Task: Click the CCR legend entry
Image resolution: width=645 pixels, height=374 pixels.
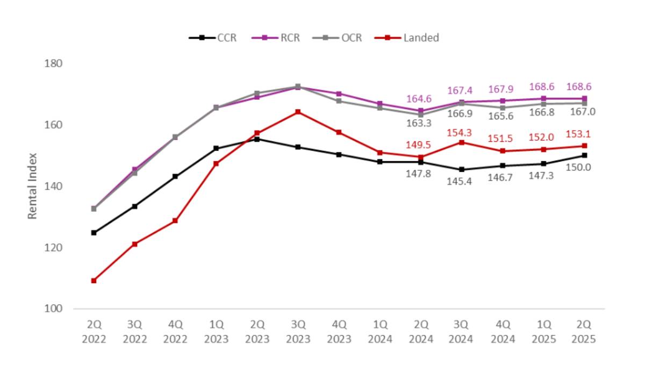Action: tap(213, 38)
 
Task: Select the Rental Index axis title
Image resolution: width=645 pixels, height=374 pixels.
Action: tap(33, 186)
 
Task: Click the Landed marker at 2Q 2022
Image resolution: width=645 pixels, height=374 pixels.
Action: tap(94, 280)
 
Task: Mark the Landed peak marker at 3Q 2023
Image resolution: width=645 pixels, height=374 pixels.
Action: tap(298, 112)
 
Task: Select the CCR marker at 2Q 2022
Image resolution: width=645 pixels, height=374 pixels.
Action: tap(94, 233)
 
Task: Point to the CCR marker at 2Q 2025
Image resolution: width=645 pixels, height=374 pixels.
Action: tap(584, 155)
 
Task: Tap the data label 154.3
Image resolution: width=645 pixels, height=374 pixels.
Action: tap(461, 132)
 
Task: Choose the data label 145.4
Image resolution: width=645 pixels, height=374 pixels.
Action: tap(461, 181)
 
